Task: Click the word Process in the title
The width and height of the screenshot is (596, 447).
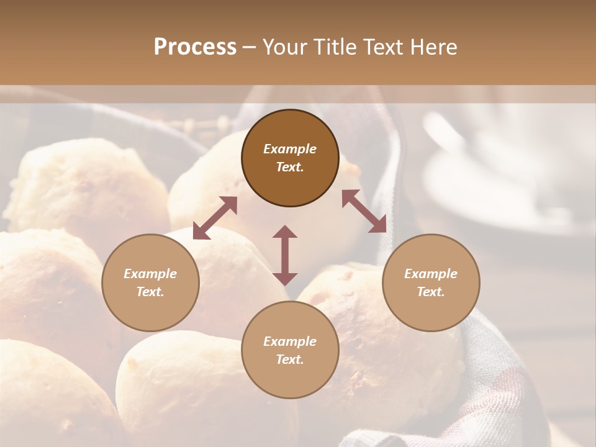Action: tap(195, 47)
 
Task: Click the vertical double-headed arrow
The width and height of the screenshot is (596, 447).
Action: tap(285, 255)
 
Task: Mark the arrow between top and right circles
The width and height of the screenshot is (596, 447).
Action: tap(364, 211)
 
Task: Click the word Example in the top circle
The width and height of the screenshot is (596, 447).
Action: tap(290, 149)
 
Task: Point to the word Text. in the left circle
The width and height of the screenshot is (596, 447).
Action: tap(150, 292)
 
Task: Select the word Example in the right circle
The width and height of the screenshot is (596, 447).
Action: tap(431, 274)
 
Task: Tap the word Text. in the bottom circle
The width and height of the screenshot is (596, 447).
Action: tap(290, 359)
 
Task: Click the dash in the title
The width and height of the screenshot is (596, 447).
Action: tap(249, 47)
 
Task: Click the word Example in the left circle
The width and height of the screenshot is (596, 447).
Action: tap(150, 274)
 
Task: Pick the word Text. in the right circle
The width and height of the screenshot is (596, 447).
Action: tap(431, 292)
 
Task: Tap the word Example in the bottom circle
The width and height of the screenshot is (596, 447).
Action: tap(290, 341)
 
